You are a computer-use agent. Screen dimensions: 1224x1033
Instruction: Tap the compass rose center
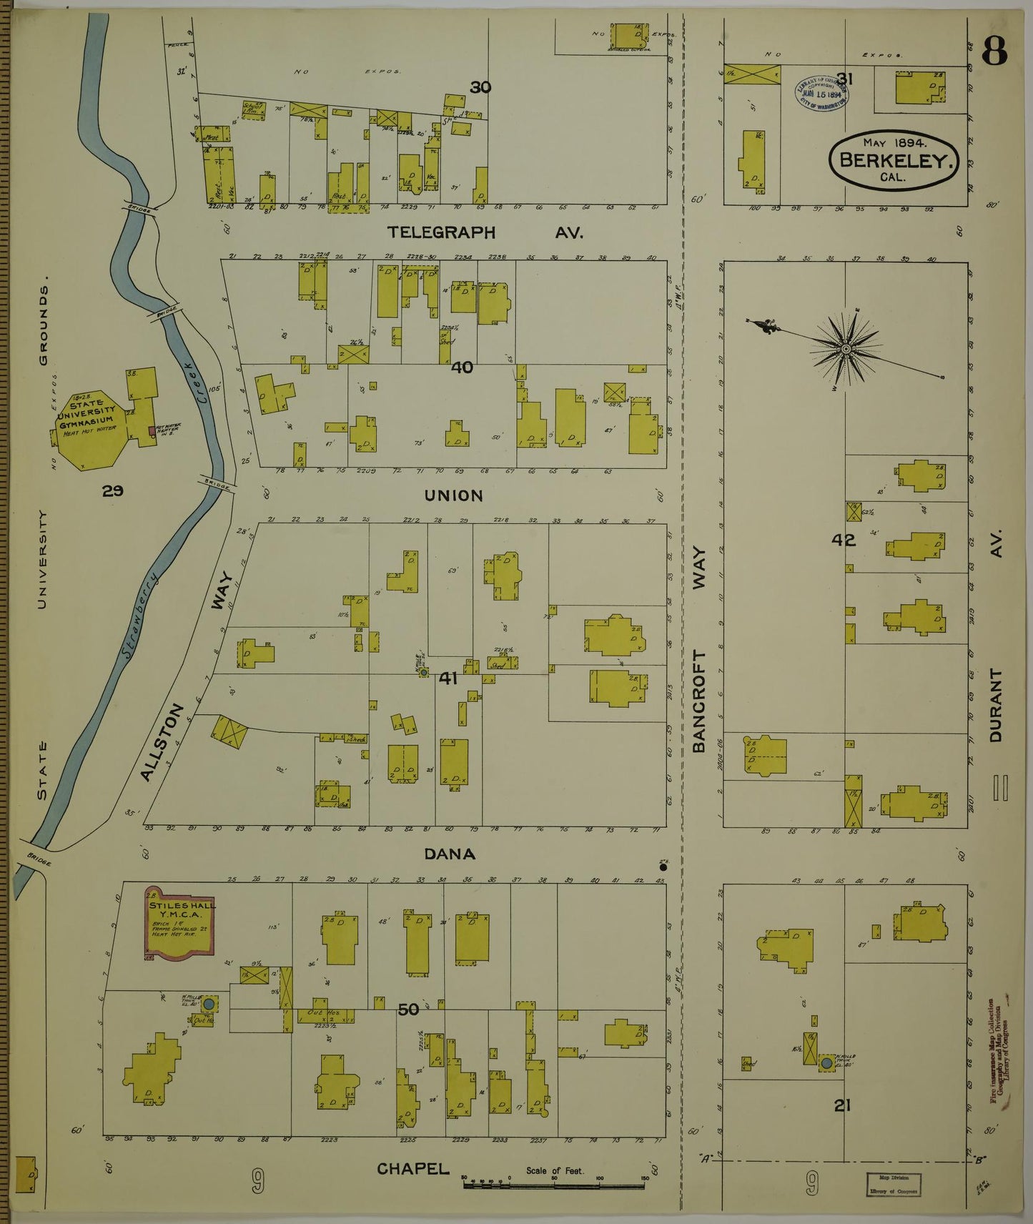click(x=846, y=349)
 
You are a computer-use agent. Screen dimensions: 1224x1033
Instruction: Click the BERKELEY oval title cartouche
click(x=894, y=160)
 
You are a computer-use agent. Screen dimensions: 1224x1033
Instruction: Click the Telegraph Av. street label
click(x=485, y=232)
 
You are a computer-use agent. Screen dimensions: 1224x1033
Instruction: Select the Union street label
click(x=453, y=495)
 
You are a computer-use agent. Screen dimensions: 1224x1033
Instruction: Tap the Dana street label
click(x=450, y=854)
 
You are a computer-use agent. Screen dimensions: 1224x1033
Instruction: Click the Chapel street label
click(x=413, y=1168)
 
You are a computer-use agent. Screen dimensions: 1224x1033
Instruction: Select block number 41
click(x=448, y=678)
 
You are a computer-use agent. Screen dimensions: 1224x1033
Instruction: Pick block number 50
click(x=408, y=1010)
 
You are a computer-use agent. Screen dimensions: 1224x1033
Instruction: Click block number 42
click(x=844, y=541)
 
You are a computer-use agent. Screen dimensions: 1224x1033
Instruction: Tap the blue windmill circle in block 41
click(x=424, y=672)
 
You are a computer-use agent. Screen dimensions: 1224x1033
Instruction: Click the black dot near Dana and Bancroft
click(x=663, y=867)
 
